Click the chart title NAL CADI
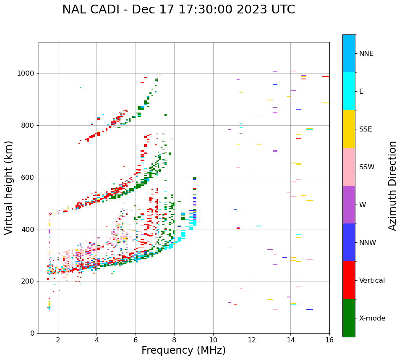(x=178, y=10)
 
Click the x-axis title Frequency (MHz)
(x=183, y=350)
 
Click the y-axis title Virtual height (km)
(x=9, y=187)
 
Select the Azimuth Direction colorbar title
(x=392, y=186)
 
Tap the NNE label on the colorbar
(x=366, y=54)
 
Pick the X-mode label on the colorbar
(x=372, y=318)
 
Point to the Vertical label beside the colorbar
(x=372, y=281)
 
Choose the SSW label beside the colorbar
(x=367, y=167)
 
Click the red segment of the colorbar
(x=349, y=280)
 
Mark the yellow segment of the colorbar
(x=349, y=129)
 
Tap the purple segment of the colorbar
(x=349, y=205)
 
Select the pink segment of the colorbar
(x=349, y=167)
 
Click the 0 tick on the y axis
(x=33, y=333)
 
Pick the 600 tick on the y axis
(x=29, y=177)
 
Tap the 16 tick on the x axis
(x=329, y=340)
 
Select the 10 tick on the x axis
(x=213, y=340)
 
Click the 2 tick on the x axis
(x=58, y=340)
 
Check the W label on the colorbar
(x=363, y=205)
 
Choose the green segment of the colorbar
(x=349, y=318)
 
